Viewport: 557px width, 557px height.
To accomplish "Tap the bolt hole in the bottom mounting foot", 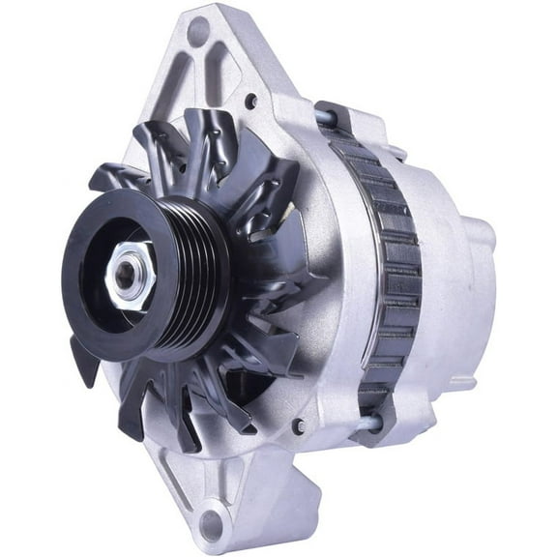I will pos(211,526).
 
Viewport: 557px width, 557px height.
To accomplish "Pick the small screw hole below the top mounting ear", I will pos(251,101).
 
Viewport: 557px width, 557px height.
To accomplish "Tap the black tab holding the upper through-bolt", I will pos(334,116).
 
